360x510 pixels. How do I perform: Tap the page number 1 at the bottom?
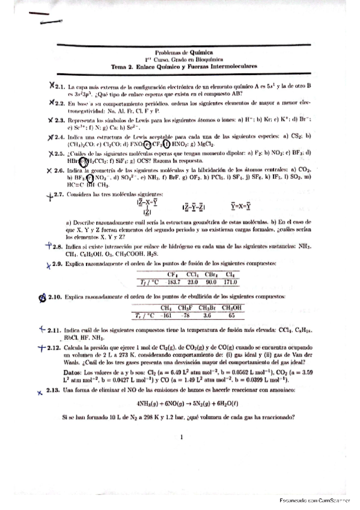point(180,438)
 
